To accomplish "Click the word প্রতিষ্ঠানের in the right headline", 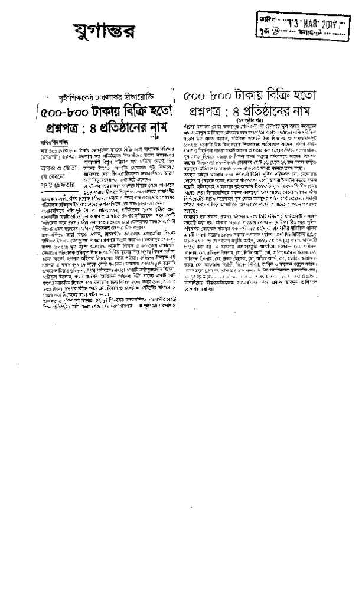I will click(x=268, y=111).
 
